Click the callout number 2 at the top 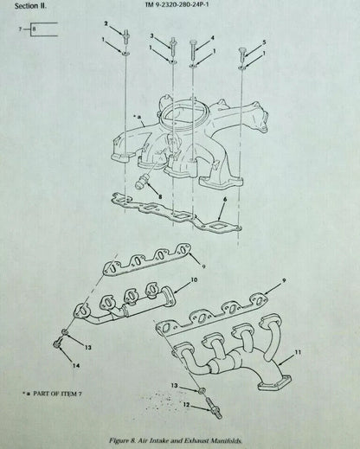[106, 23]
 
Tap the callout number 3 [151, 35]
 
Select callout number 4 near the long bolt [212, 38]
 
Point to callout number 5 [264, 42]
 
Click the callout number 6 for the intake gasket [225, 199]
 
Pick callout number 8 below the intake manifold [160, 197]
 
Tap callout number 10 [194, 279]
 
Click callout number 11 [298, 352]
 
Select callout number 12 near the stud [186, 405]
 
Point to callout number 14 [76, 366]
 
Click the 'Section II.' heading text [30, 6]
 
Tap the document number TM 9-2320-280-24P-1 [177, 4]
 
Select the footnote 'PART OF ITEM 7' [55, 394]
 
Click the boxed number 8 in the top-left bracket [34, 29]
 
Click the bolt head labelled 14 [57, 343]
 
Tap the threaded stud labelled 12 [214, 407]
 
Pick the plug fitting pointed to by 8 [141, 183]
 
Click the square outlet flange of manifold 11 [274, 382]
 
